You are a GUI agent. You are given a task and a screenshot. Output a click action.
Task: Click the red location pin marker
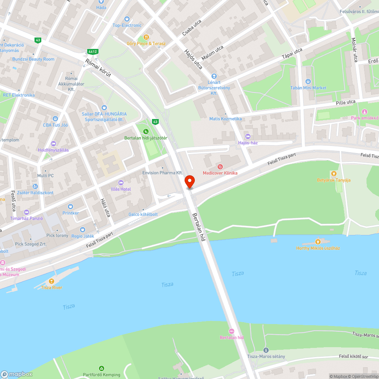pos(189,181)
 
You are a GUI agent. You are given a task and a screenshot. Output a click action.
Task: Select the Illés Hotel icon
pos(121,183)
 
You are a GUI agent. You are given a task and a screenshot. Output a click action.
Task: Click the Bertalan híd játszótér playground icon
pos(146,131)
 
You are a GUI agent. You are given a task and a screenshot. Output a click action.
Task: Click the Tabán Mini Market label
pos(308,88)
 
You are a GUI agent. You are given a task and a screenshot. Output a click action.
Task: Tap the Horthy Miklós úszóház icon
pos(318,241)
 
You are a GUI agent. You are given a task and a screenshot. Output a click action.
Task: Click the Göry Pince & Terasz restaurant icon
pos(146,37)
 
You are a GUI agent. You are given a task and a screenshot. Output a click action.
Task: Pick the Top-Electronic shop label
pos(127,25)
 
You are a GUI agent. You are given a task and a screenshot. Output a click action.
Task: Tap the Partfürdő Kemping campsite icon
pos(101,368)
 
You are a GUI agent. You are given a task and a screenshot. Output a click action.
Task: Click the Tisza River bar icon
pos(51,281)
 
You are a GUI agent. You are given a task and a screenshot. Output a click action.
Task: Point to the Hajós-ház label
pos(248,143)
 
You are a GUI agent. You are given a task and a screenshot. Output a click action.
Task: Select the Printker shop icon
pos(70,207)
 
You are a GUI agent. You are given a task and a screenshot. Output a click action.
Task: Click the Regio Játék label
pos(83,236)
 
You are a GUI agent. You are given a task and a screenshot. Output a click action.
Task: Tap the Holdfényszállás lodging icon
pos(53,143)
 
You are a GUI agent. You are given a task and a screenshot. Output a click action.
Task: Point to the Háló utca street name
pos(105,208)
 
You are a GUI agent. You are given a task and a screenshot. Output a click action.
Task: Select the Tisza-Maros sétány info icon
pos(266,350)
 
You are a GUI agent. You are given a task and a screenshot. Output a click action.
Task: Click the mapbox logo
pos(17,374)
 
